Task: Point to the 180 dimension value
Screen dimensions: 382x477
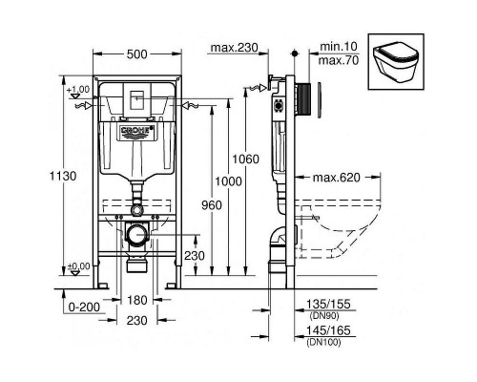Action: [137, 301]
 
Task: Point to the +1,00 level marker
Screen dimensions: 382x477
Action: [77, 90]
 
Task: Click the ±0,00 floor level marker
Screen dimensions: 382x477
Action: [77, 266]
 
